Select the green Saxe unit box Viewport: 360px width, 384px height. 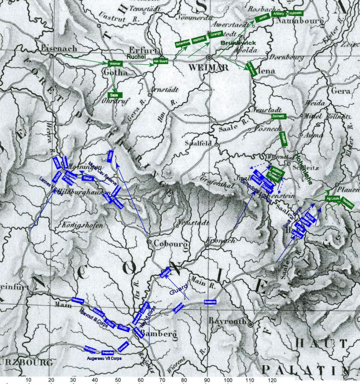(115, 95)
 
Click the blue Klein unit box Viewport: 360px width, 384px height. (111, 157)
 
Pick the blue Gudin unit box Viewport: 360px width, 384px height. (124, 327)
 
